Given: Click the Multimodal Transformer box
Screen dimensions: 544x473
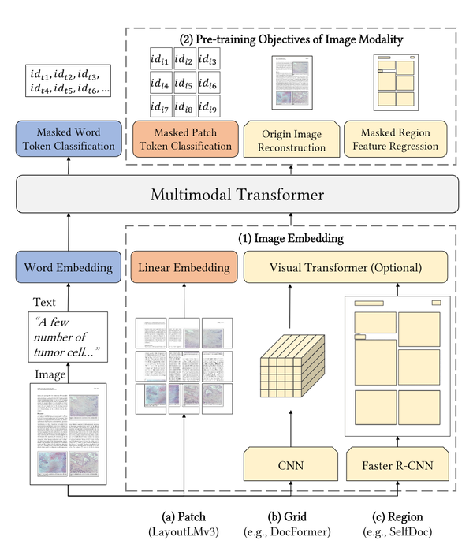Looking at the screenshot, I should point(236,193).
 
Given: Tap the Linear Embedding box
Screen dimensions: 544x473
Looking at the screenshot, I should point(184,267).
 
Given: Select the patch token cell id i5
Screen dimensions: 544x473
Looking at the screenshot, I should point(184,83).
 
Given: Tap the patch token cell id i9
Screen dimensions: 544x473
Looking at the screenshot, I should point(208,106).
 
